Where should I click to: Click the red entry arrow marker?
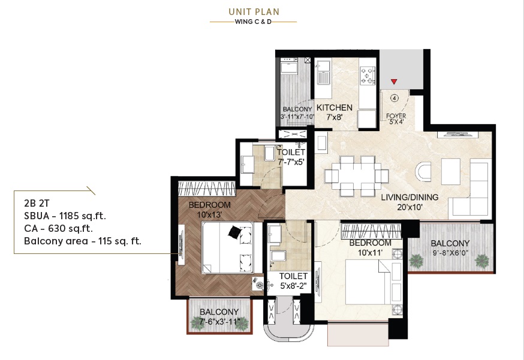[394, 81]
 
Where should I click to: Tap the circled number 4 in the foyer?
[394, 98]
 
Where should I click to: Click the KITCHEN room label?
[334, 108]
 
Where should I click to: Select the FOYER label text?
[396, 116]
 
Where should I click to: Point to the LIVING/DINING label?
[409, 197]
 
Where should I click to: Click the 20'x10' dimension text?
[409, 207]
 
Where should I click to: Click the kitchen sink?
[323, 75]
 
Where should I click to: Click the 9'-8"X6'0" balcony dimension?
[450, 253]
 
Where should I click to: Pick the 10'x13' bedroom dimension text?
[209, 214]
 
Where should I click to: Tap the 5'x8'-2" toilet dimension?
[293, 286]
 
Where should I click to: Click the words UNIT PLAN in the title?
[254, 12]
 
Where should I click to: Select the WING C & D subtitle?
[253, 22]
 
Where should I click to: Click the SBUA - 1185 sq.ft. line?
[65, 216]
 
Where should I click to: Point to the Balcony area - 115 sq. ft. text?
[83, 241]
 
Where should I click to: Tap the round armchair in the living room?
[423, 172]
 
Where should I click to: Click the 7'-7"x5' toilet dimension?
[291, 162]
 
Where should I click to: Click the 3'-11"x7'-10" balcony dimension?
[297, 117]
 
